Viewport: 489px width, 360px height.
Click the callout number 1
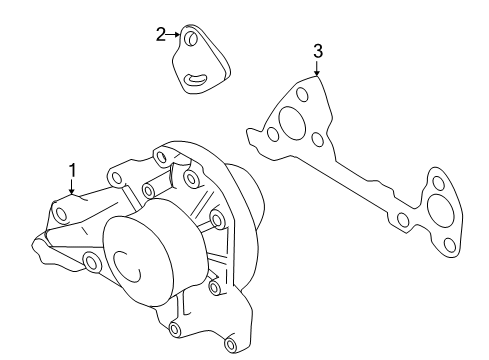click(x=72, y=170)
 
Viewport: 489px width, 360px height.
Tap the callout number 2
click(x=161, y=35)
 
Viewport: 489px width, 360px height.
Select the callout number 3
click(x=318, y=51)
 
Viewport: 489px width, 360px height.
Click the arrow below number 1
click(x=72, y=186)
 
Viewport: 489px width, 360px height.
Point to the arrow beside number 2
click(x=173, y=34)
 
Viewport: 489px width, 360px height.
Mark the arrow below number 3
click(x=317, y=68)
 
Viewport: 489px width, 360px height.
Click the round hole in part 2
click(x=191, y=38)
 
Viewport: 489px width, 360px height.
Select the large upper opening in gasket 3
click(x=292, y=121)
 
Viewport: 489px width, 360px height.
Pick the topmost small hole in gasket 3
click(x=302, y=94)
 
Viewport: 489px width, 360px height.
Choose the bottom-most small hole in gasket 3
click(x=450, y=245)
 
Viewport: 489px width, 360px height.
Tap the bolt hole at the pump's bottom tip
click(x=230, y=344)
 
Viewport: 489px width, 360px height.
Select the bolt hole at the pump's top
click(x=161, y=157)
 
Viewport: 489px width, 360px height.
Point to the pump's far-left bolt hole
click(x=62, y=214)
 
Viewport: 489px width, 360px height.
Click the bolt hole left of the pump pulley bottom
click(x=92, y=262)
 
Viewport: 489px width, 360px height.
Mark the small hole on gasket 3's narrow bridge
click(x=403, y=219)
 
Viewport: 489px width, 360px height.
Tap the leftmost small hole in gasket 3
click(x=273, y=134)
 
